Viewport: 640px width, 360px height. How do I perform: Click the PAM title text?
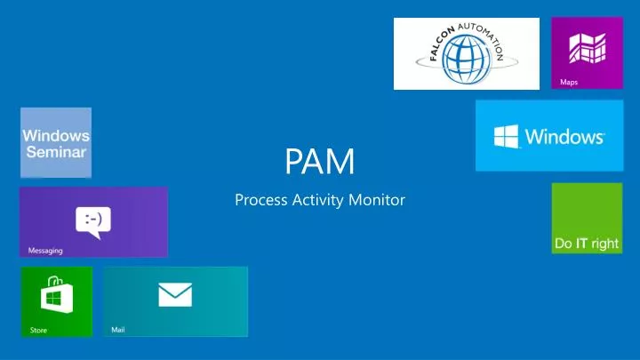pyautogui.click(x=319, y=163)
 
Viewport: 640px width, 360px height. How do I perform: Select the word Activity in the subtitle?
pyautogui.click(x=319, y=200)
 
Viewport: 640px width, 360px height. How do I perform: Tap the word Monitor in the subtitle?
pyautogui.click(x=377, y=200)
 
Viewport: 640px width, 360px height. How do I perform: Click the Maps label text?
pyautogui.click(x=569, y=83)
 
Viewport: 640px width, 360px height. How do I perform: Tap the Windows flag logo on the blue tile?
pyautogui.click(x=506, y=136)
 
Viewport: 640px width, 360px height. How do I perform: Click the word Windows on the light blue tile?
pyautogui.click(x=564, y=137)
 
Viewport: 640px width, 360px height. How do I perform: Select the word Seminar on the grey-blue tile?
pyautogui.click(x=56, y=152)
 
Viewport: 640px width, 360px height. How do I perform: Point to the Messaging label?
pyautogui.click(x=46, y=251)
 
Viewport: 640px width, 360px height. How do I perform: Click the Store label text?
pyautogui.click(x=39, y=331)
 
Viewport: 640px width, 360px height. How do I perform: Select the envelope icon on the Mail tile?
pyautogui.click(x=175, y=294)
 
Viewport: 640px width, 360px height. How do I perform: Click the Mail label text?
pyautogui.click(x=118, y=330)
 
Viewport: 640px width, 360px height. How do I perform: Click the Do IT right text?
pyautogui.click(x=586, y=244)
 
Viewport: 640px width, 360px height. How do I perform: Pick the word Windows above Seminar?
pyautogui.click(x=56, y=136)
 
